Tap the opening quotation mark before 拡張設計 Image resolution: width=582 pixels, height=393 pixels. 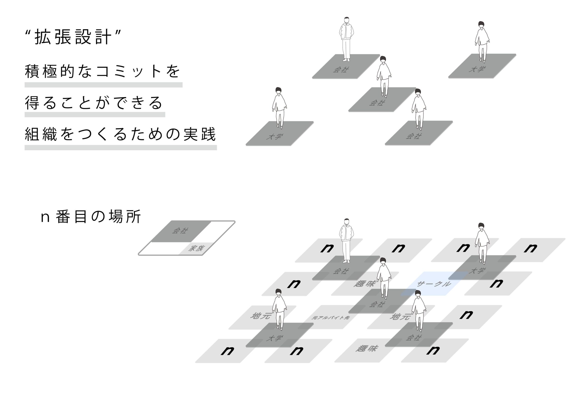pos(28,33)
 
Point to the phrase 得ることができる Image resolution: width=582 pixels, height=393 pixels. pos(94,103)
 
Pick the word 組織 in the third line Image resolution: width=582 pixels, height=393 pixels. pos(41,134)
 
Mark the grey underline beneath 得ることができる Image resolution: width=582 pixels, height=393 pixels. pos(95,115)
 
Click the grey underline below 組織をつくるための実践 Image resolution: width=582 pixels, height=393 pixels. pos(120,147)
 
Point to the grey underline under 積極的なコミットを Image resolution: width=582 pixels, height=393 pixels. pos(103,85)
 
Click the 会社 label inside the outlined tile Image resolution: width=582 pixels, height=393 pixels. pos(180,231)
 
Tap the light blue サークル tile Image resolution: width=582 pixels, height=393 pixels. pos(434,284)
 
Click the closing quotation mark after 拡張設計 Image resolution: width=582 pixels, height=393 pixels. pos(118,33)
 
